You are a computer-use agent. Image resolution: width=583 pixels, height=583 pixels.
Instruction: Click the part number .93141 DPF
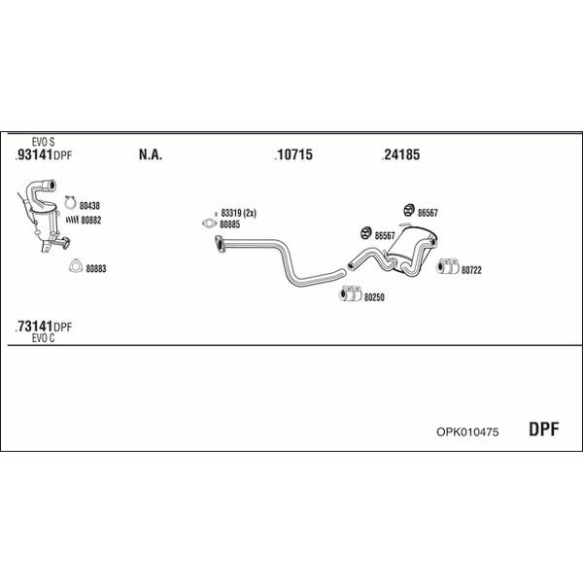[44, 154]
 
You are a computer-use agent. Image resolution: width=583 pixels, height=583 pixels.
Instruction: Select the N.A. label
[151, 154]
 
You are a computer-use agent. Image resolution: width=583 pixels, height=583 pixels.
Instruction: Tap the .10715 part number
[293, 154]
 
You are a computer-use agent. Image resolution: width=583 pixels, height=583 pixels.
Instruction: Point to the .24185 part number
[400, 154]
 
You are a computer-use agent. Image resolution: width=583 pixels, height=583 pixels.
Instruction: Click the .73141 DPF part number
[44, 326]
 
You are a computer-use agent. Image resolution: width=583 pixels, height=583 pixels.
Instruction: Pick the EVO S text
[43, 142]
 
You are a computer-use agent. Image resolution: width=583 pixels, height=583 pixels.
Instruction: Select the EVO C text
[43, 338]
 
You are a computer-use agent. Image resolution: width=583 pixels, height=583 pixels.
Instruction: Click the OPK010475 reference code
[467, 432]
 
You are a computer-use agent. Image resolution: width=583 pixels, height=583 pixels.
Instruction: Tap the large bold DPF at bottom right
[543, 429]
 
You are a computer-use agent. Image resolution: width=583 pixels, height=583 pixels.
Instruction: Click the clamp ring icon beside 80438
[70, 202]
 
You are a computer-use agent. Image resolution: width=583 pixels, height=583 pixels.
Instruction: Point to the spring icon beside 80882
[72, 220]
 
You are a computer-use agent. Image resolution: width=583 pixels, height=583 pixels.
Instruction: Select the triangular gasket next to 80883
[76, 266]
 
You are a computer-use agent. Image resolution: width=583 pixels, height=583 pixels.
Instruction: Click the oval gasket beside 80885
[209, 223]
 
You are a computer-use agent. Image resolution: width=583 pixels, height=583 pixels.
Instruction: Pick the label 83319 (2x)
[238, 213]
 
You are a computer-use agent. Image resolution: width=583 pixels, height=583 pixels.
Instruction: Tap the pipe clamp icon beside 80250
[350, 293]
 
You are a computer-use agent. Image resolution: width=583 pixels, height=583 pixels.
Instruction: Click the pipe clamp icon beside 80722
[448, 266]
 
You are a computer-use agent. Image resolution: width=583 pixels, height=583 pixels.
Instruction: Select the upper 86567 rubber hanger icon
[409, 210]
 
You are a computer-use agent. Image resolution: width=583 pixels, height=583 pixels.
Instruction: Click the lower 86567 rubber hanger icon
[366, 233]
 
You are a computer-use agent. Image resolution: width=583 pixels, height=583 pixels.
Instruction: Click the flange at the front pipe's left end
[220, 244]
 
